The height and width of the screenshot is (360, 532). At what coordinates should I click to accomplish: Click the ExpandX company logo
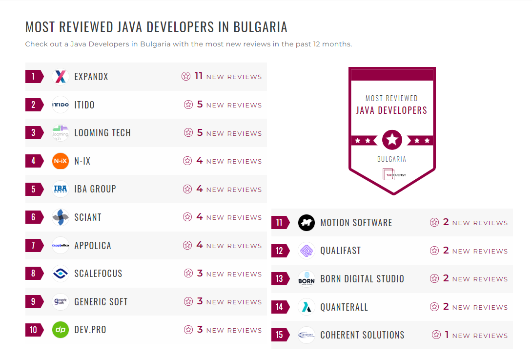click(61, 76)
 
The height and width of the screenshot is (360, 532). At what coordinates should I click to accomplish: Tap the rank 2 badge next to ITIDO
click(34, 105)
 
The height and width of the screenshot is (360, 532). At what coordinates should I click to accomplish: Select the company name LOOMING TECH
click(102, 133)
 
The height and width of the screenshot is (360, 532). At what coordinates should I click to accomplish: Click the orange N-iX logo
click(61, 161)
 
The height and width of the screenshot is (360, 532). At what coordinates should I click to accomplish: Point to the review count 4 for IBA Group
click(199, 189)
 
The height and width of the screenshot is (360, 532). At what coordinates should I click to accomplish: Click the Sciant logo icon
click(61, 217)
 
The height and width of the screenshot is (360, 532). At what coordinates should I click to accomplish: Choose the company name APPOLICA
click(93, 245)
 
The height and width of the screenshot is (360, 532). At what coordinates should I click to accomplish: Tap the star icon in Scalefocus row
click(188, 274)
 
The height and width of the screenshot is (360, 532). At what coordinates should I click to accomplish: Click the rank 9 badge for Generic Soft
click(34, 301)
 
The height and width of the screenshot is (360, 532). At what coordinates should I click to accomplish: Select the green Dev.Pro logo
click(61, 330)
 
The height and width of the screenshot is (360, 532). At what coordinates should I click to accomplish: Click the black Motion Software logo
click(307, 223)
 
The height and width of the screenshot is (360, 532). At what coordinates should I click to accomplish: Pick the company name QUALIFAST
click(341, 251)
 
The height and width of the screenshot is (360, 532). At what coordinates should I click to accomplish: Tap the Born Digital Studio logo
click(307, 279)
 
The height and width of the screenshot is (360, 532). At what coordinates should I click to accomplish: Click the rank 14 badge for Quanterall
click(280, 307)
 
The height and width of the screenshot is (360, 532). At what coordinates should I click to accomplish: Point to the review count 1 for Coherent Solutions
click(447, 335)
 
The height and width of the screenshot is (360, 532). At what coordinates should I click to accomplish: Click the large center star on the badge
click(392, 140)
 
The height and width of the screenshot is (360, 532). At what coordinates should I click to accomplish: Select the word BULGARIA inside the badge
click(391, 159)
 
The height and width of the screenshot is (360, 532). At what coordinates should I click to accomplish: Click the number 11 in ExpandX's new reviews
click(198, 76)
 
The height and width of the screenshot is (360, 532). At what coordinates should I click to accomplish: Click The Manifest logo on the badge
click(392, 174)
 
